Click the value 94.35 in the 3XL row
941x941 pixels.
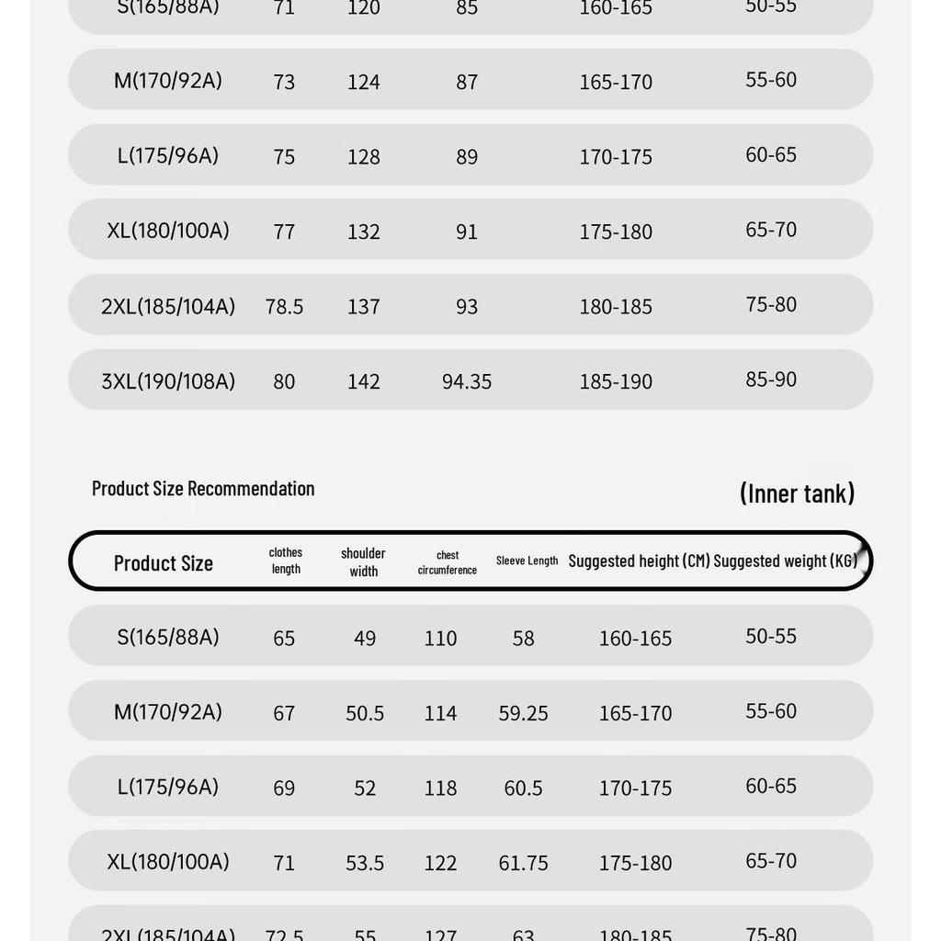click(x=467, y=381)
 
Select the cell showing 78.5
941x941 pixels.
click(x=284, y=307)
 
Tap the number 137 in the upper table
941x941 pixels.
click(x=364, y=307)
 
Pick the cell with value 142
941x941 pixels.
click(x=364, y=381)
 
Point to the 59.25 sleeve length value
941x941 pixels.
click(x=523, y=713)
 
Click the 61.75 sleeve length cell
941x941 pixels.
click(x=523, y=863)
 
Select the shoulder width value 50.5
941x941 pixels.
click(x=365, y=713)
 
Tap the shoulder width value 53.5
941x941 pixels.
click(x=365, y=863)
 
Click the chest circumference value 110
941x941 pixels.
click(x=440, y=639)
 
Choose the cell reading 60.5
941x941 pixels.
click(x=523, y=788)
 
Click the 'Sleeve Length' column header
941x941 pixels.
click(x=527, y=561)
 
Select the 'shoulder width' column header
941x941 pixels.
click(x=363, y=561)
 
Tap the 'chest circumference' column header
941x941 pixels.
click(x=448, y=561)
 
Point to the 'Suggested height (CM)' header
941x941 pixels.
click(x=639, y=561)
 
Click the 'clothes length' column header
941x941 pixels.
click(x=286, y=561)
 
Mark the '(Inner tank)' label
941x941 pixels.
click(x=797, y=493)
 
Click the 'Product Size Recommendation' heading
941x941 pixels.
click(x=203, y=488)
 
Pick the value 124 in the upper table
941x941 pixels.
click(x=364, y=82)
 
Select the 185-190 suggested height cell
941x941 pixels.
click(x=616, y=381)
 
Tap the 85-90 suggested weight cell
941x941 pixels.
click(x=771, y=380)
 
